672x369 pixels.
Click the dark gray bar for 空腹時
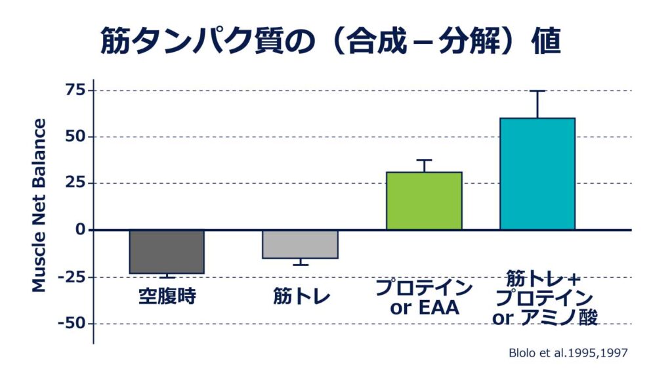tap(167, 251)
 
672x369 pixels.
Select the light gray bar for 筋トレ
tap(300, 244)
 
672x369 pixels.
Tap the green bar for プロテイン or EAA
tap(424, 201)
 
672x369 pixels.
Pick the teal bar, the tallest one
tap(537, 174)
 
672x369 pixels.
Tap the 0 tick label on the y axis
tap(80, 230)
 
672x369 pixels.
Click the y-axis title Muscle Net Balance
tap(39, 206)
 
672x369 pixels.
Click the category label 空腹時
tap(167, 296)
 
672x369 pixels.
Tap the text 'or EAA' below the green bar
tap(423, 307)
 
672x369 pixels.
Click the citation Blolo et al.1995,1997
tap(568, 353)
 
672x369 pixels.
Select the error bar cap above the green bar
tap(424, 160)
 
